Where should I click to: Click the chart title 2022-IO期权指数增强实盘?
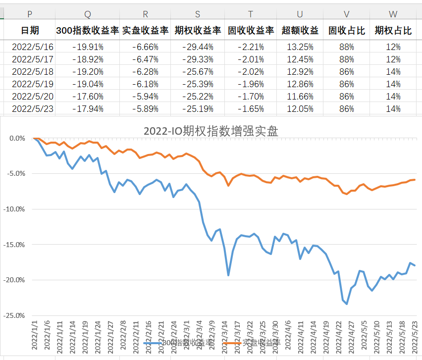[211, 131]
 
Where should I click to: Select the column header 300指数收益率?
[88, 31]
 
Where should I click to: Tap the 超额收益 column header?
[300, 31]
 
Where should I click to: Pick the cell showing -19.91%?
[88, 47]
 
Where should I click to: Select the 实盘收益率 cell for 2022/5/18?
[145, 71]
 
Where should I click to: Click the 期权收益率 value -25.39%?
[198, 84]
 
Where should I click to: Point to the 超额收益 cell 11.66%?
[300, 96]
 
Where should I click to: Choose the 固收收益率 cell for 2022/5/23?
[251, 108]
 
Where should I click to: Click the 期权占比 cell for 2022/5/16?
[393, 47]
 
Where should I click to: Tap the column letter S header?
[198, 15]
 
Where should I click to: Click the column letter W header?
[393, 15]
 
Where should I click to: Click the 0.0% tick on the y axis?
[16, 138]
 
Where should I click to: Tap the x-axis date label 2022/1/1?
[35, 334]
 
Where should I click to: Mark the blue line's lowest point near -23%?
[347, 304]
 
